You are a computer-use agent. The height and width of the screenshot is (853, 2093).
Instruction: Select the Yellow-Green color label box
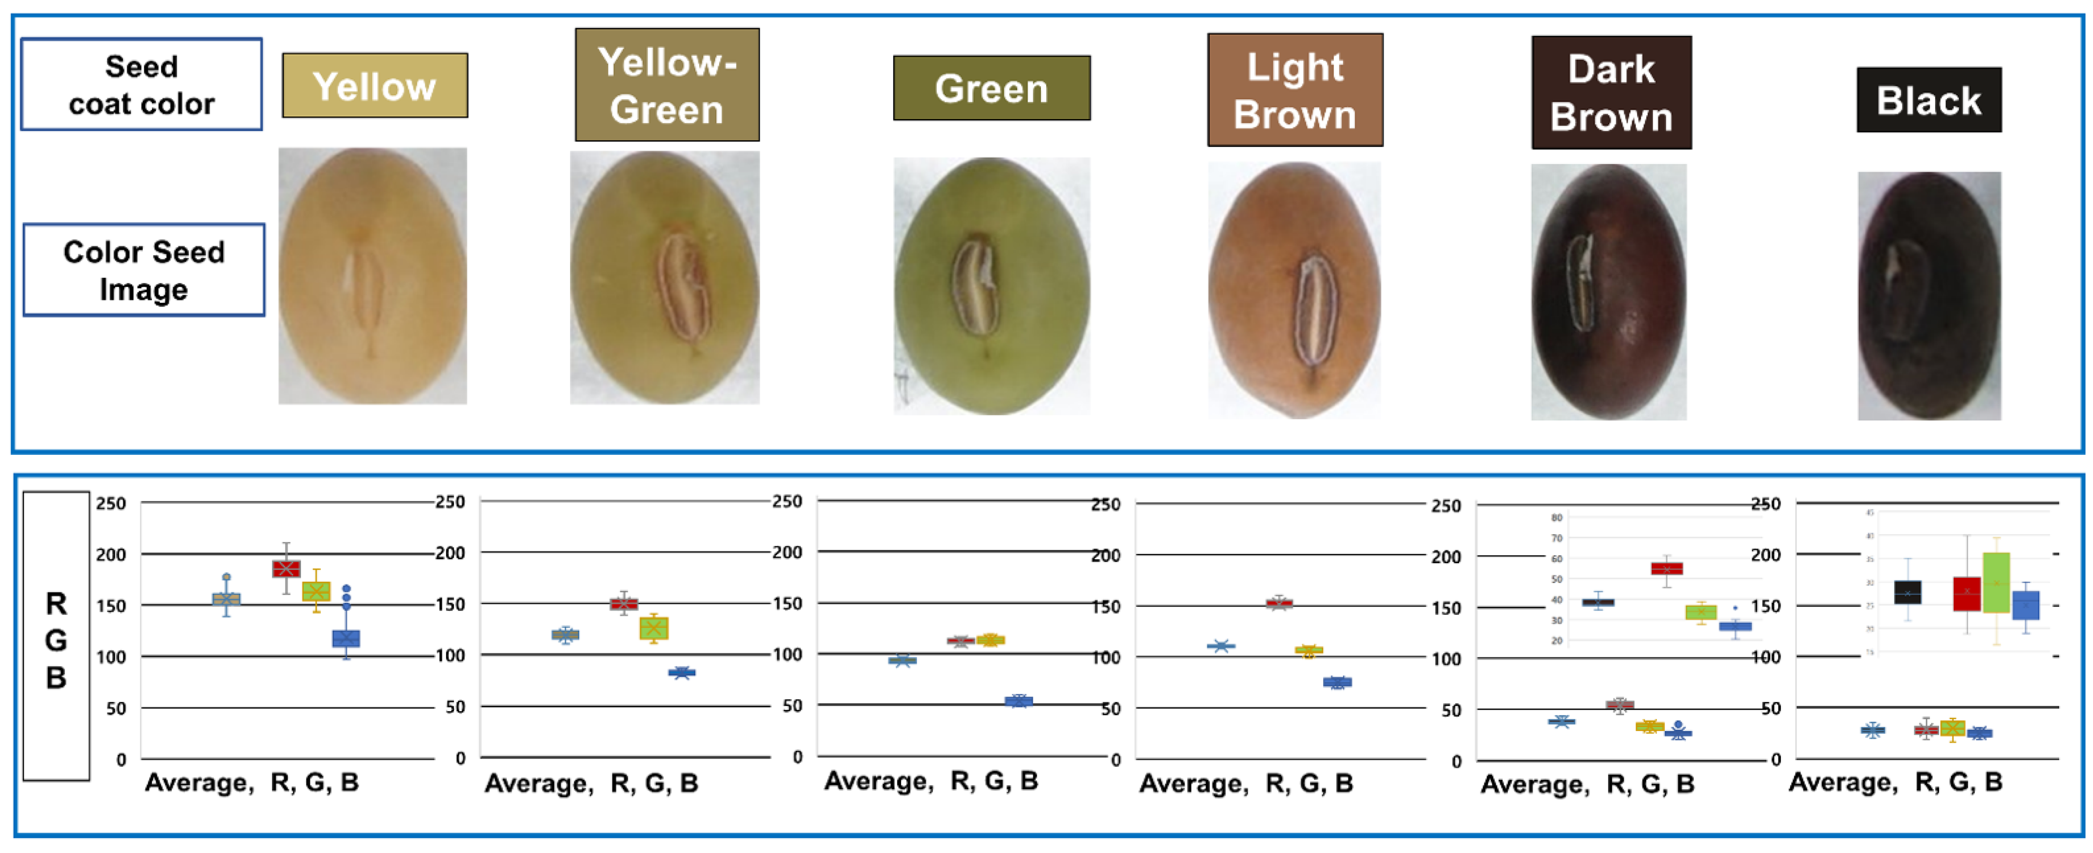click(667, 85)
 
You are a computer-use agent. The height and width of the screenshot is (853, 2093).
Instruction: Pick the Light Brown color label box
click(1295, 90)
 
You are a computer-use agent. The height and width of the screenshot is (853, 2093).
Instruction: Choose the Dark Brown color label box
click(1611, 92)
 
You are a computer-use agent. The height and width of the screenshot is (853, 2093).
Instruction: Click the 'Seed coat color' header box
click(141, 85)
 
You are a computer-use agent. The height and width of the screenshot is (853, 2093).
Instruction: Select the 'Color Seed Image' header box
click(144, 269)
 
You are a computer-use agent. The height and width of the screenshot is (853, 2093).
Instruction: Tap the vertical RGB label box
click(56, 636)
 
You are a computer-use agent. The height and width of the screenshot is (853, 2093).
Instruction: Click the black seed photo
click(1929, 296)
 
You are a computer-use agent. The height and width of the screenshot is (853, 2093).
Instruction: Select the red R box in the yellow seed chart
click(286, 569)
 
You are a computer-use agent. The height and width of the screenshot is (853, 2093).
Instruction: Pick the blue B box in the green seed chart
click(1018, 701)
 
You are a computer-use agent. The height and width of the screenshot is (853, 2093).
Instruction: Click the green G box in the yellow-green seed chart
click(654, 628)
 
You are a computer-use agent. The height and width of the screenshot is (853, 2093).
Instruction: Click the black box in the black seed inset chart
click(1908, 592)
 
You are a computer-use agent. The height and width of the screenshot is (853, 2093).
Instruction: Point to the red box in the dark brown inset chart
click(1667, 569)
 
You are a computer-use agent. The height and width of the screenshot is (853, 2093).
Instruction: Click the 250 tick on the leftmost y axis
click(111, 504)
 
